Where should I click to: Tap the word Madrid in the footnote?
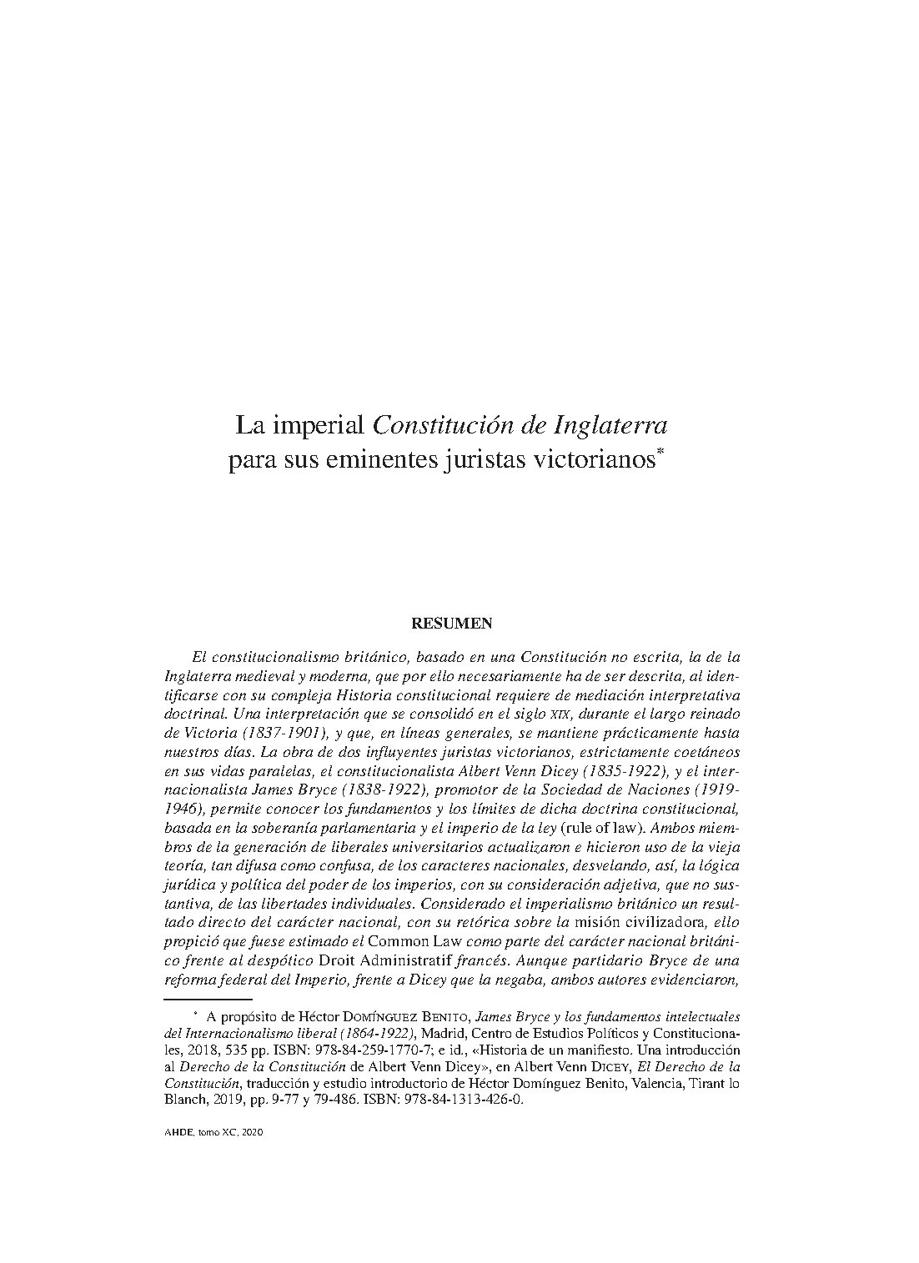(454, 1034)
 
